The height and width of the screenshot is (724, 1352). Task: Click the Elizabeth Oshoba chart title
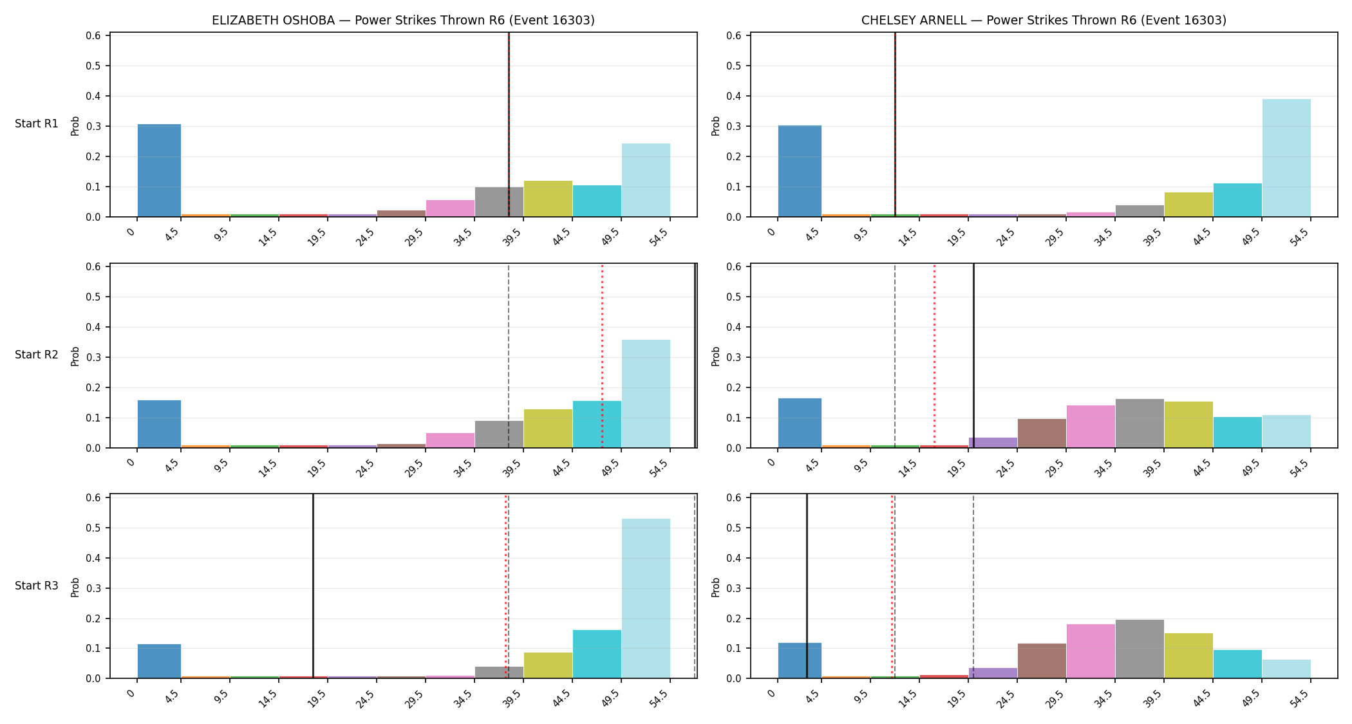403,21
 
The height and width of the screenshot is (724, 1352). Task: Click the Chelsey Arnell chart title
1044,21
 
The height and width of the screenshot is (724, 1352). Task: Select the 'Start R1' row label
37,124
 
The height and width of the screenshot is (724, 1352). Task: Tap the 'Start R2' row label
37,355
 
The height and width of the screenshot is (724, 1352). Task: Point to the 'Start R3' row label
37,586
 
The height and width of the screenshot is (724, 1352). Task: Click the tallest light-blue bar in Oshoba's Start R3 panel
646,599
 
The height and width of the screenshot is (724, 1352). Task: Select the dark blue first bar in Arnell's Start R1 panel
800,171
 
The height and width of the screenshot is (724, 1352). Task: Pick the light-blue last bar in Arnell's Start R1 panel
1286,158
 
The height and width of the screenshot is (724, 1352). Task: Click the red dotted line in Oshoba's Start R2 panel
602,355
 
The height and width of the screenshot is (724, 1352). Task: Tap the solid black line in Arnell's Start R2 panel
973,355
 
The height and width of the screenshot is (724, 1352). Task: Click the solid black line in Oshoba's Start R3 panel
313,586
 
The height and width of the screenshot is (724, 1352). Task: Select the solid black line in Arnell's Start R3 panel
807,586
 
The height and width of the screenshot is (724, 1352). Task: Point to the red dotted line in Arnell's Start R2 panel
934,355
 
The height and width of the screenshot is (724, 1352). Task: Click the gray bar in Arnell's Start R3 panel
1140,649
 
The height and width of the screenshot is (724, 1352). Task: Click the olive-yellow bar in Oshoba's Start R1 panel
548,199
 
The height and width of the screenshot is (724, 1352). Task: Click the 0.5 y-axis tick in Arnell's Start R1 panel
737,66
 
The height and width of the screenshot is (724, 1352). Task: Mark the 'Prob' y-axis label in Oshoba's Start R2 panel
75,356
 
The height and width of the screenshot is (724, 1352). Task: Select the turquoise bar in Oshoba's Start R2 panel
597,424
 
